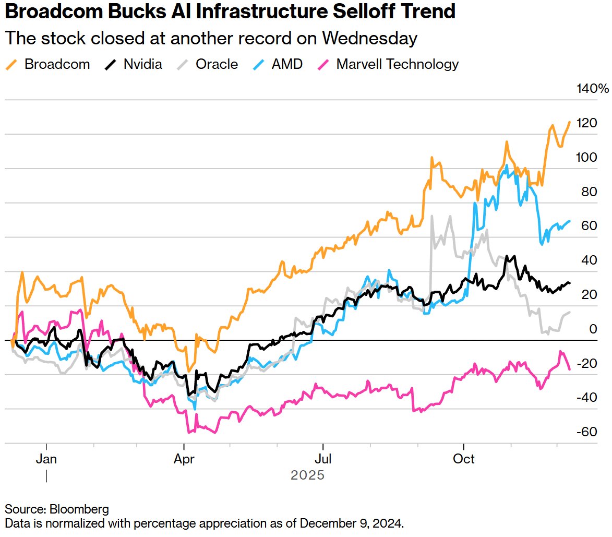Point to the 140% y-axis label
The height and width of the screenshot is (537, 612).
(592, 89)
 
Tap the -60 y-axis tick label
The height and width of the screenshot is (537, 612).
(586, 432)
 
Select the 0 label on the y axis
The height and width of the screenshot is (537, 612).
(593, 329)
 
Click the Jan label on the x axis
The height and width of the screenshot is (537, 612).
(47, 459)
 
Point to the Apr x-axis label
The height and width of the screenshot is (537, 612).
(184, 459)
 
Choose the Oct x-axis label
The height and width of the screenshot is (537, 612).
(464, 459)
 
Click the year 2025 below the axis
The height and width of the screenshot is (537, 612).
(308, 475)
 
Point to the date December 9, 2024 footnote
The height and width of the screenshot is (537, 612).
(353, 522)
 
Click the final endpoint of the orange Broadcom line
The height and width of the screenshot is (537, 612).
(570, 122)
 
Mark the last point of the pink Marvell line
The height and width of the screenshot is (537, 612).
(570, 369)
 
